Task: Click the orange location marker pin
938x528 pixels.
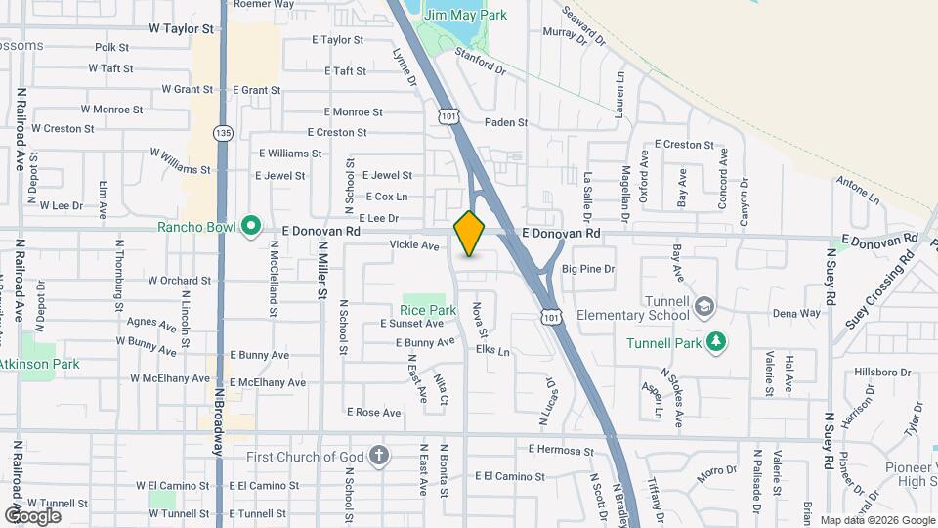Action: pyautogui.click(x=469, y=234)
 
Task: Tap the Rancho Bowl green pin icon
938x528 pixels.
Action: pyautogui.click(x=251, y=228)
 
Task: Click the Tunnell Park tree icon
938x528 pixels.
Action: pyautogui.click(x=718, y=341)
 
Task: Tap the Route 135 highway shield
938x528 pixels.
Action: pyautogui.click(x=224, y=133)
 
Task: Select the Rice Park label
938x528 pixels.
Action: pyautogui.click(x=428, y=310)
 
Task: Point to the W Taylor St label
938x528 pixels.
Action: pyautogui.click(x=181, y=30)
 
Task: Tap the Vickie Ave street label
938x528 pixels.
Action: pyautogui.click(x=414, y=245)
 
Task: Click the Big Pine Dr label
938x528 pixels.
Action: pyautogui.click(x=588, y=268)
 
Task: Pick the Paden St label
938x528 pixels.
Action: pyautogui.click(x=506, y=123)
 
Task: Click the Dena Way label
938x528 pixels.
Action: pyautogui.click(x=796, y=314)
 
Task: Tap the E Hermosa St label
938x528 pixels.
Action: pyautogui.click(x=561, y=451)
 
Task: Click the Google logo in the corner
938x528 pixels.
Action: pyautogui.click(x=32, y=515)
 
